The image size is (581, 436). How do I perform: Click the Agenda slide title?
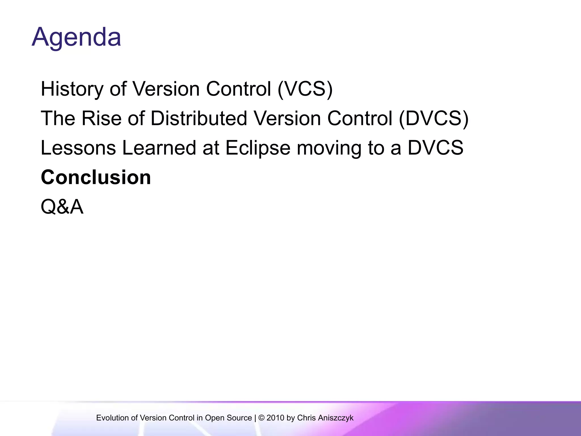[76, 37]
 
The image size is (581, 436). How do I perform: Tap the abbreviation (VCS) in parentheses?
[305, 89]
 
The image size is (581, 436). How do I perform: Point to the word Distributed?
[199, 118]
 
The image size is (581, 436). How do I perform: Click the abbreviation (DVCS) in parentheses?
[434, 118]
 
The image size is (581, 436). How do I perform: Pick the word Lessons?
[78, 148]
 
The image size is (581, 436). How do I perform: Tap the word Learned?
[159, 148]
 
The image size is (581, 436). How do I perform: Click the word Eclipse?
[258, 148]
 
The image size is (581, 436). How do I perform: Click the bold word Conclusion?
[96, 177]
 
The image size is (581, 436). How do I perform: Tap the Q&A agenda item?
[62, 207]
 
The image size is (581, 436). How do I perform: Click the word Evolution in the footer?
[112, 418]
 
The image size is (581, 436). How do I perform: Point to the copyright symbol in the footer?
[261, 418]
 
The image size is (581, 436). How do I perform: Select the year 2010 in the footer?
[275, 418]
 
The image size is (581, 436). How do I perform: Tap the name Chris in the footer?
[306, 418]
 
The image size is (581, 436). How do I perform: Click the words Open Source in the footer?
[228, 418]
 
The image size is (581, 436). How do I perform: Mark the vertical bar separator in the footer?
[255, 418]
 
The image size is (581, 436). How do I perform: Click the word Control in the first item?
[239, 89]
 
